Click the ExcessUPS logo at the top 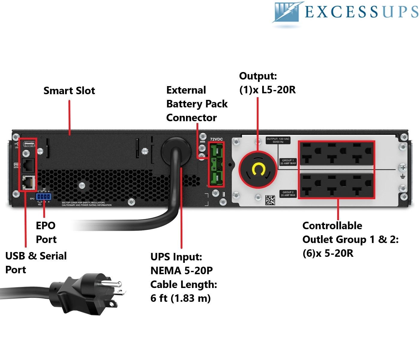[x=345, y=13]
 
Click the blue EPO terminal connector [x=43, y=196]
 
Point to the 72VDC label [x=216, y=139]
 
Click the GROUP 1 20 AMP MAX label [x=288, y=162]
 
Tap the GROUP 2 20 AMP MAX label [x=288, y=194]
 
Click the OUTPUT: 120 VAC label [x=278, y=140]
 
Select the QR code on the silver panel [x=270, y=200]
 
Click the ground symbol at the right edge [x=403, y=177]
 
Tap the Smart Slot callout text [x=69, y=91]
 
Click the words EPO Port [x=46, y=232]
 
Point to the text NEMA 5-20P [x=181, y=271]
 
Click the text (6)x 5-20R [x=328, y=253]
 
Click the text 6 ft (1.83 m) [x=181, y=298]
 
